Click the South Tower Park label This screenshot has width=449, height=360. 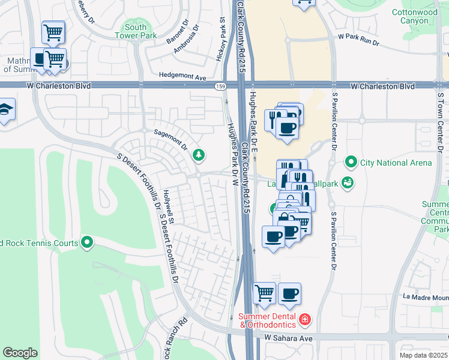[135, 31]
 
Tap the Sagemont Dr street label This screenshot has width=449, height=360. [171, 140]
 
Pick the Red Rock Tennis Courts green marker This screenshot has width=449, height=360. [87, 242]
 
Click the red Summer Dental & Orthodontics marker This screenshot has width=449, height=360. [305, 318]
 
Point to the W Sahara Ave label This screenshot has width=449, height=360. [289, 339]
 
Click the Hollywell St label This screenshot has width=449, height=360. [168, 208]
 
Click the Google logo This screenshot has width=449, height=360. [20, 353]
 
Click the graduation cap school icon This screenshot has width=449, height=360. [5, 110]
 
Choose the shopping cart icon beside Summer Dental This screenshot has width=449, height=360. [264, 293]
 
